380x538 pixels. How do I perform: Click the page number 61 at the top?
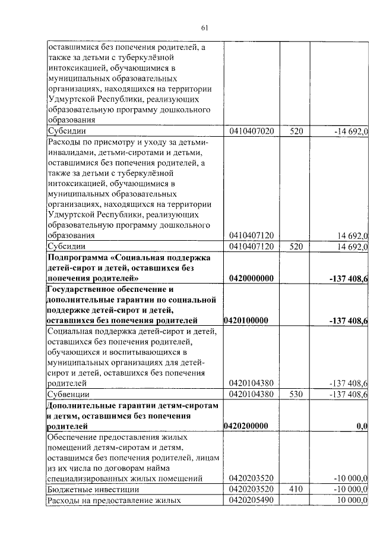click(x=204, y=27)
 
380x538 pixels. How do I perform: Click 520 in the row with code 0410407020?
click(x=296, y=131)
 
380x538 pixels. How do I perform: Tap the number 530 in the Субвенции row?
click(x=296, y=394)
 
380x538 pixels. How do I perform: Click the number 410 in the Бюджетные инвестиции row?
click(x=296, y=489)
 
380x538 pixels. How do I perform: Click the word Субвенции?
click(x=69, y=394)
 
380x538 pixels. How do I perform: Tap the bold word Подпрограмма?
click(x=81, y=257)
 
